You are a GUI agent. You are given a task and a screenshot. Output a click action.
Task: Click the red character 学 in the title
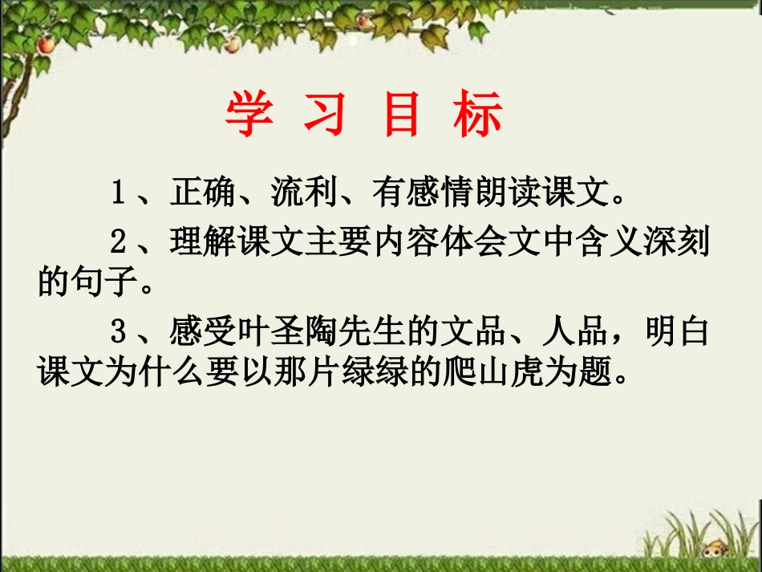tap(249, 115)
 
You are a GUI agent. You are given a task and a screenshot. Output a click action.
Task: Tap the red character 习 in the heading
tap(325, 115)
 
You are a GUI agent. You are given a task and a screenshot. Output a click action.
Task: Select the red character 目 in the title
tap(402, 115)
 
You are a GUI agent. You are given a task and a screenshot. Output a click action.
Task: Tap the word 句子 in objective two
tap(107, 282)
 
